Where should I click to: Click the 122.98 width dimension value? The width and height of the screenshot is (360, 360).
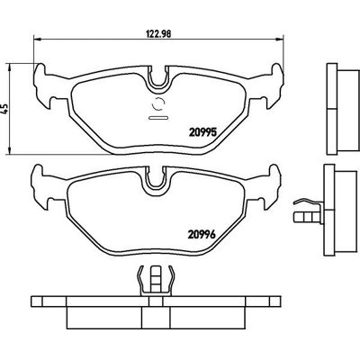(158, 33)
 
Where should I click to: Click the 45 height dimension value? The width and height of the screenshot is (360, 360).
(4, 109)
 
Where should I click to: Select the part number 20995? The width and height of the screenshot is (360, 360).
(202, 132)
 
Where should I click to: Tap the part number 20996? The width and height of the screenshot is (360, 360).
(202, 234)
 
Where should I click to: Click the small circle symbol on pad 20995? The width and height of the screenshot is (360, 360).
(158, 104)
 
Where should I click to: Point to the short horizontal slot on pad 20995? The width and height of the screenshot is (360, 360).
(158, 118)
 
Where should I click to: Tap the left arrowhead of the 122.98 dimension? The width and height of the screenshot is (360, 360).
(37, 39)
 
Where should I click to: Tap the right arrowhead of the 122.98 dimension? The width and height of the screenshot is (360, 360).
(279, 39)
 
